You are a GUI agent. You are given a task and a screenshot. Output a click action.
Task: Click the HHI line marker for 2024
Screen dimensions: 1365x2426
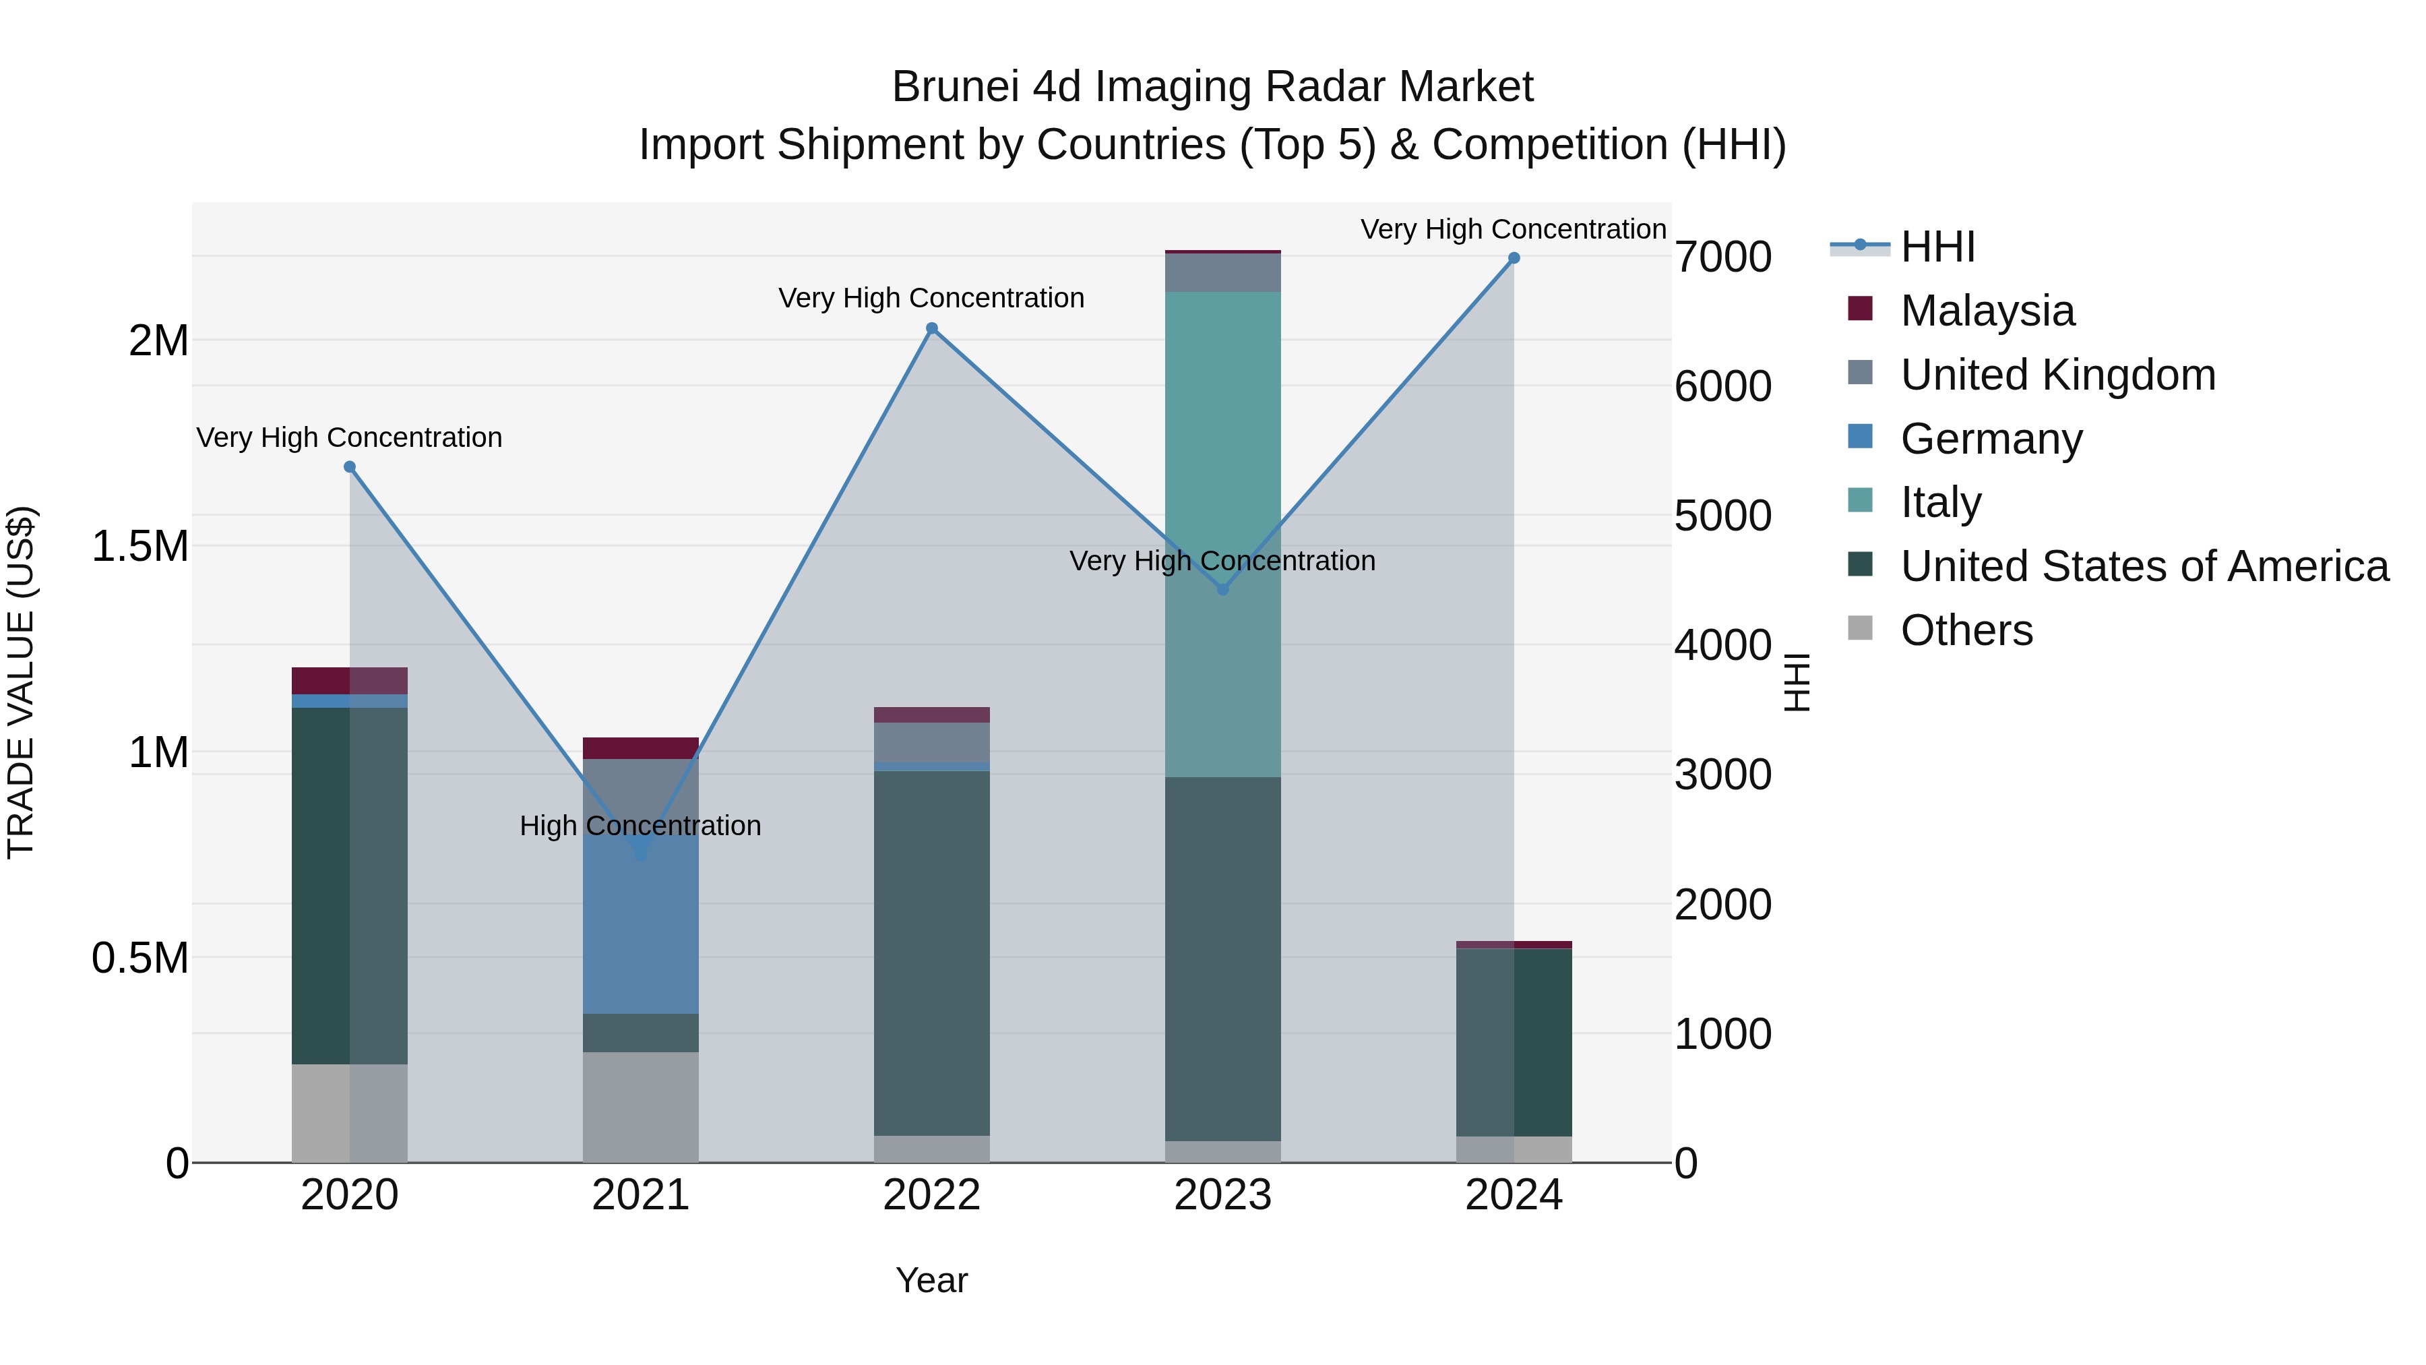coord(1514,258)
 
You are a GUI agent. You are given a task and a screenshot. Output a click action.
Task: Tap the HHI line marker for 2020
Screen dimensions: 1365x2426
coord(349,467)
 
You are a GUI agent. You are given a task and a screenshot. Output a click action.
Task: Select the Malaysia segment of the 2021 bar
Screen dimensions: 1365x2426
coord(640,748)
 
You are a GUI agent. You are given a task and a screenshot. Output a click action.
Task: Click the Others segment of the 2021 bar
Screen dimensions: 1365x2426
coord(640,1107)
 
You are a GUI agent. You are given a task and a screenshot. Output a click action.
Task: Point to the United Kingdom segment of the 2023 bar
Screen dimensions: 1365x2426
coord(1222,273)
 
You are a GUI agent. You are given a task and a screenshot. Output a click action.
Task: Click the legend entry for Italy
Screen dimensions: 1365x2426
coord(1941,502)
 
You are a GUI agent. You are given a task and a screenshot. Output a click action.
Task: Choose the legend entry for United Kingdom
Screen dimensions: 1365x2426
coord(2058,375)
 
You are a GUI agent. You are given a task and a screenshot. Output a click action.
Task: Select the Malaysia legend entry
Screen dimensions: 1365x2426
coord(1987,311)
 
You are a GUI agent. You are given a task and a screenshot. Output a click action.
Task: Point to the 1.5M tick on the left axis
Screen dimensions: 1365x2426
coord(140,547)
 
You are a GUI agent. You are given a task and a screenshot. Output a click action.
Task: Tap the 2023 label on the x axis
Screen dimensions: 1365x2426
coord(1222,1195)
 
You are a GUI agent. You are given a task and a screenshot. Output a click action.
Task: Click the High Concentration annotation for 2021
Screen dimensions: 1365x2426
coord(640,825)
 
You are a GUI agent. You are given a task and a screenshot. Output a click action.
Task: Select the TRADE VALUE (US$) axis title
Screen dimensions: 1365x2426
coord(21,682)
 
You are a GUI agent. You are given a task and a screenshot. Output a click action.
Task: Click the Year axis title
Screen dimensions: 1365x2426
coord(931,1280)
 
